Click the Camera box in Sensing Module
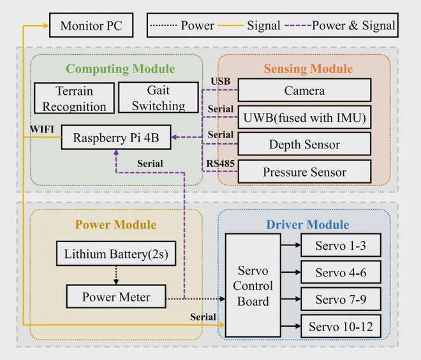tap(304, 91)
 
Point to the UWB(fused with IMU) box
tap(304, 118)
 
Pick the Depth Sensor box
tap(304, 145)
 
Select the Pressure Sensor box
tap(304, 171)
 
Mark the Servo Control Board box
tap(253, 285)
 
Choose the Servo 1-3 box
tap(340, 245)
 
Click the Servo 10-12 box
tap(340, 327)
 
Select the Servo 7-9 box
tap(340, 299)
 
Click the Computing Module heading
tap(120, 69)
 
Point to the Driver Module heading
tap(307, 224)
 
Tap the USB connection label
tap(220, 82)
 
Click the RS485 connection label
tap(219, 164)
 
